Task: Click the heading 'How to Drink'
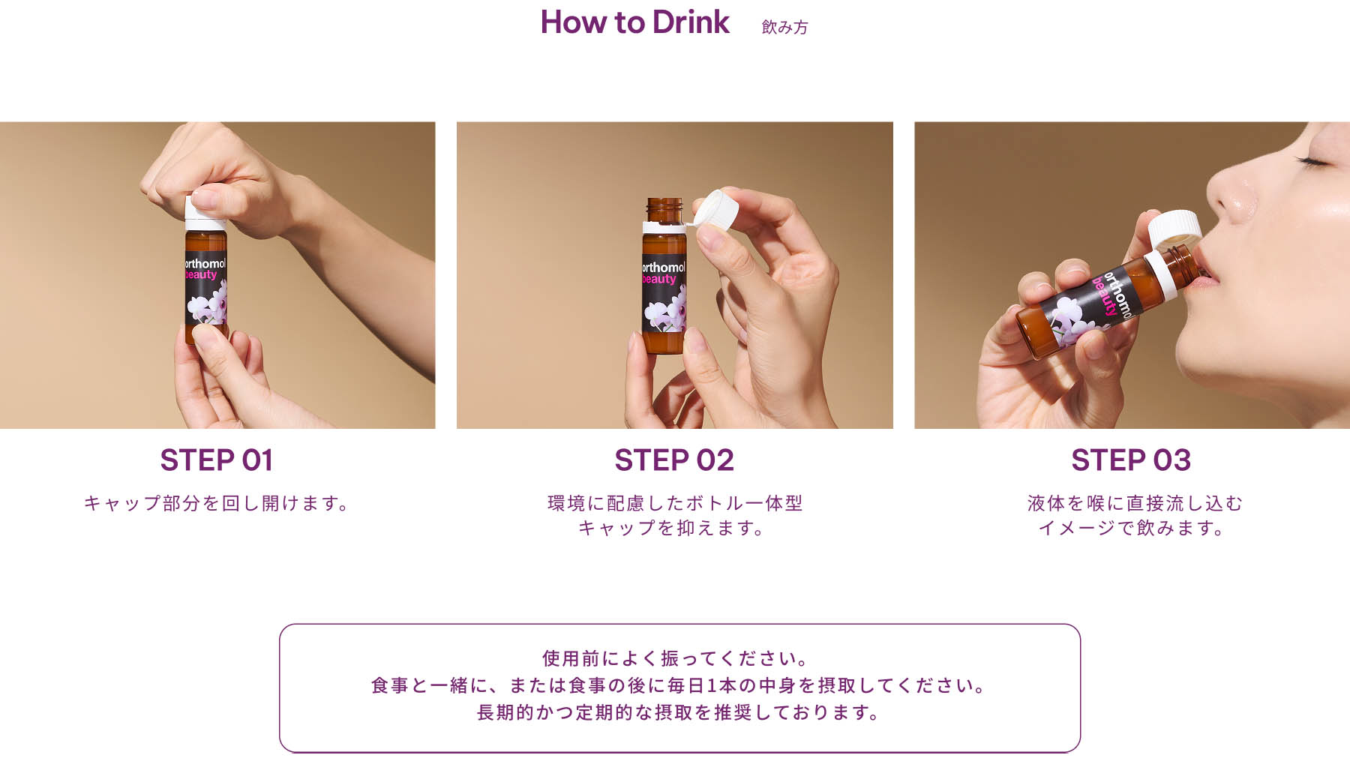(x=634, y=22)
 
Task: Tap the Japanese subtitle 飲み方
(x=784, y=27)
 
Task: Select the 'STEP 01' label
(x=217, y=460)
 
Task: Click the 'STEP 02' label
(x=674, y=460)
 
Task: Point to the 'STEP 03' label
(x=1131, y=460)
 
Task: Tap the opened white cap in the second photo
(x=716, y=208)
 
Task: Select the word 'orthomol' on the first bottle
(x=205, y=264)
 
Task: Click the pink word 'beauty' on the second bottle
(x=659, y=279)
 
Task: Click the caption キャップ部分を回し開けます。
(x=217, y=503)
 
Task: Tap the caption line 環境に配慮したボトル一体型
(x=675, y=503)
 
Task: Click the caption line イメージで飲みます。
(x=1132, y=528)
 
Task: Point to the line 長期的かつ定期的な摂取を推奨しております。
(x=679, y=712)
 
